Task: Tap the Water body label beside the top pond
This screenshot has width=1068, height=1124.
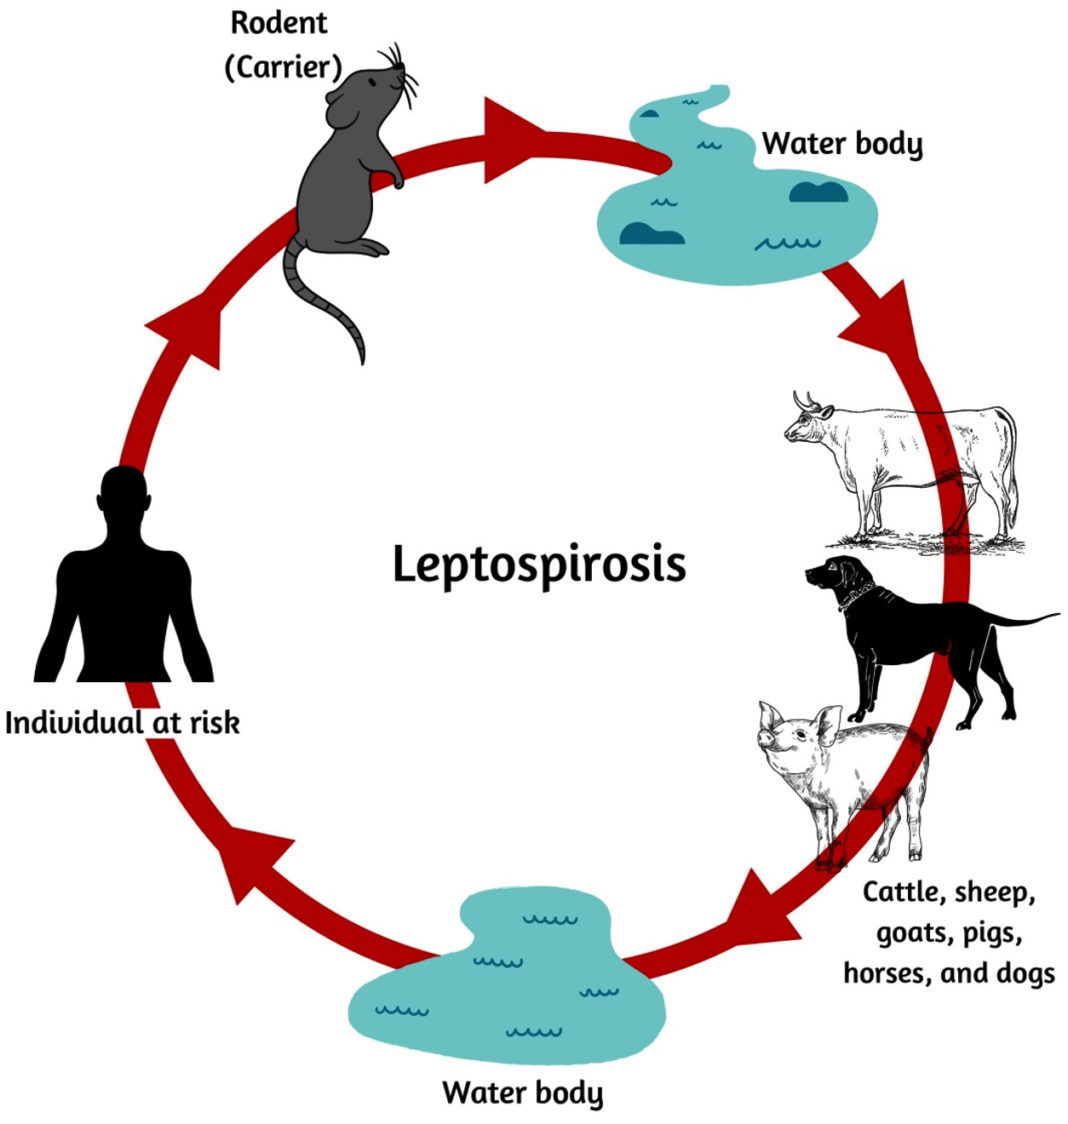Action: (x=842, y=144)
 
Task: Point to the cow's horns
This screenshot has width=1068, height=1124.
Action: (x=809, y=401)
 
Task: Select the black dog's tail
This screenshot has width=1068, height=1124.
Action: (x=1020, y=619)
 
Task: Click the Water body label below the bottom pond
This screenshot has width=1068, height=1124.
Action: (x=523, y=1091)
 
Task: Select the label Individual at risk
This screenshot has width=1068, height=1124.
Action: (x=123, y=722)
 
